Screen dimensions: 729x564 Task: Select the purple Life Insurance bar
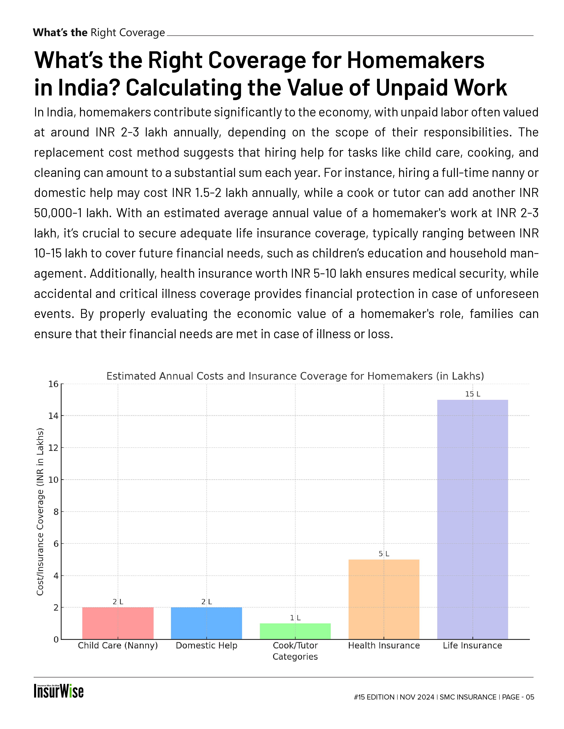click(x=472, y=519)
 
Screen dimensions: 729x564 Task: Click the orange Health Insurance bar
click(x=384, y=599)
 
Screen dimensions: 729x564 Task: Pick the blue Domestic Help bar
click(x=206, y=623)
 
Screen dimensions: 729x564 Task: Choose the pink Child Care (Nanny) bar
click(x=118, y=623)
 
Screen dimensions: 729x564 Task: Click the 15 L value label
click(x=472, y=394)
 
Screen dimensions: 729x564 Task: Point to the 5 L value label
click(x=384, y=554)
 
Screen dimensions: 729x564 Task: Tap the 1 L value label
click(x=295, y=618)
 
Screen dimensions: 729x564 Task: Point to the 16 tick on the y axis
click(x=53, y=384)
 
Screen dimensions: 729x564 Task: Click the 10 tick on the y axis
click(x=53, y=480)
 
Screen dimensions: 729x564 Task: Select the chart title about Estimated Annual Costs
click(x=295, y=376)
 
